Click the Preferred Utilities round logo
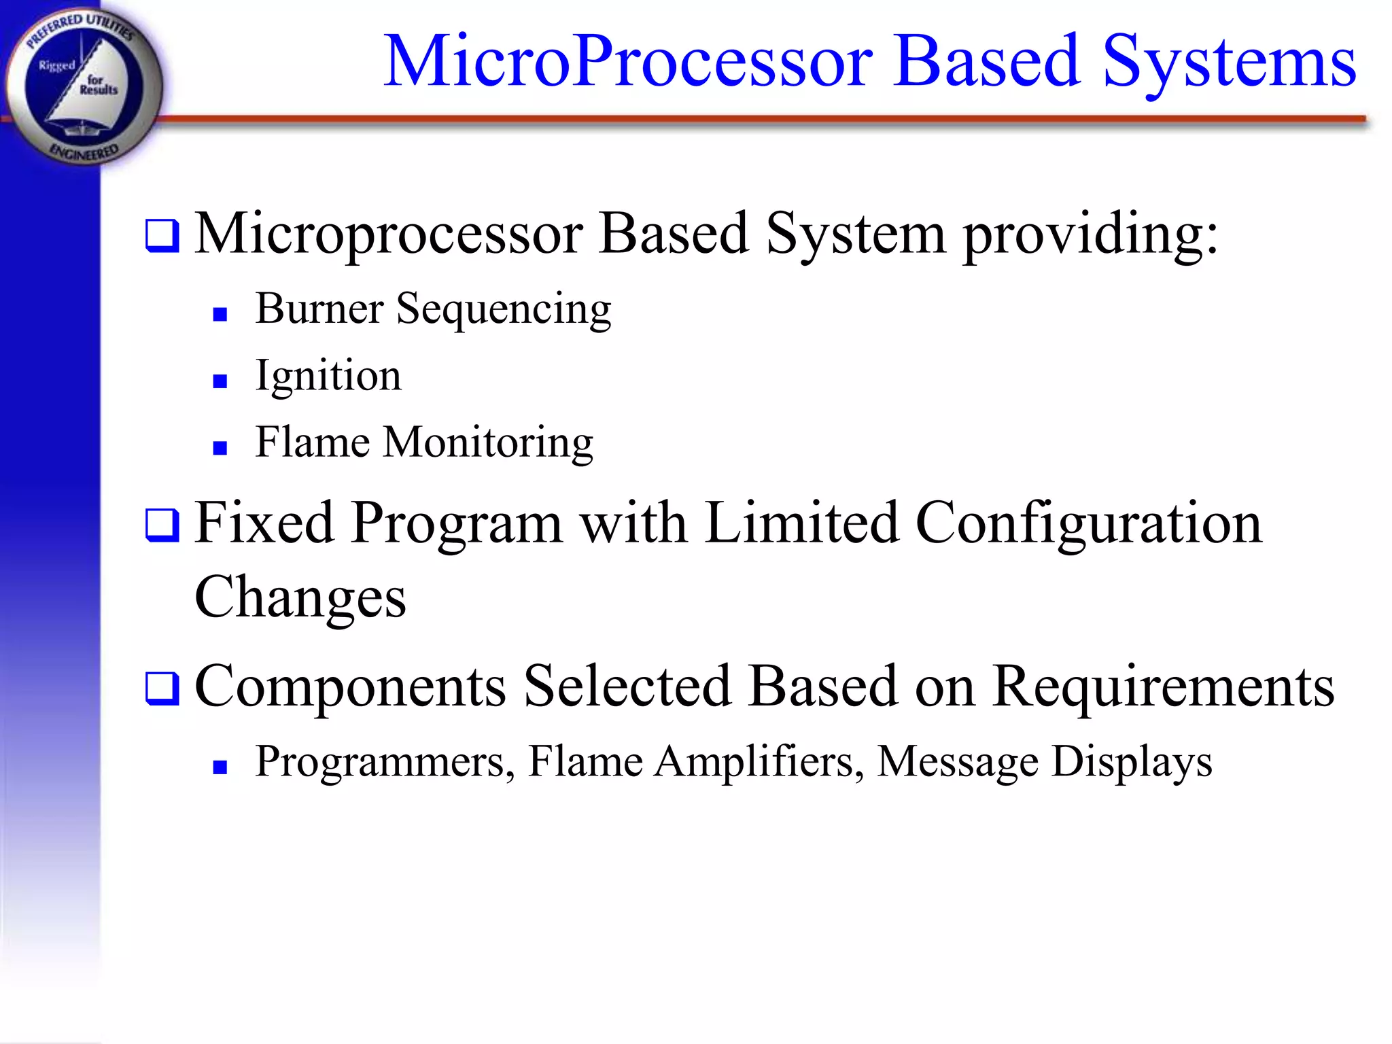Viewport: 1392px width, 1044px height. point(83,85)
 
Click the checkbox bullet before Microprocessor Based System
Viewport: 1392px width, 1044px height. point(162,236)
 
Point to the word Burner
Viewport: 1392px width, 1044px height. point(319,309)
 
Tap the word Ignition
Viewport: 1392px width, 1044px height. point(328,377)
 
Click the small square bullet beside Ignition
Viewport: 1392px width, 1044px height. point(220,381)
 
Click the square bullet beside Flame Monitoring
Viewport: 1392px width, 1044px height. point(220,448)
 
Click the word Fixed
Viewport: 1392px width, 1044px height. point(264,523)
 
